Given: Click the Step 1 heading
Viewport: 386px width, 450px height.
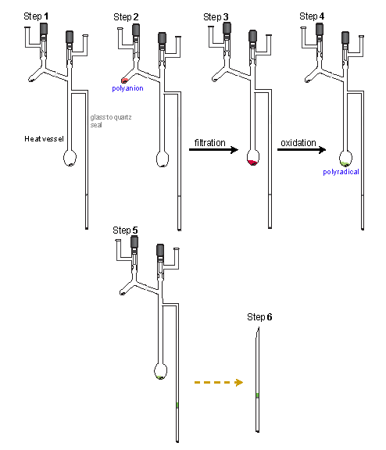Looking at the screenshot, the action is click(36, 16).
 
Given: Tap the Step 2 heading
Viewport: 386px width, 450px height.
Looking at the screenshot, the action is click(126, 17).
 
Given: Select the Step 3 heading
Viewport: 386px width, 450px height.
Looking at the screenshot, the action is click(216, 17).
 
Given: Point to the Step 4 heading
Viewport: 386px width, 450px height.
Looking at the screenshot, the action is click(312, 16).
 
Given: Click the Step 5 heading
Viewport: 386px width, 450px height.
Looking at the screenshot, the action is click(125, 230).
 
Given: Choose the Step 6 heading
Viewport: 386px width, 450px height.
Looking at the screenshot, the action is click(259, 317).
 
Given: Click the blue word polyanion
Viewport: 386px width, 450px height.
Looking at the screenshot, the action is click(127, 88).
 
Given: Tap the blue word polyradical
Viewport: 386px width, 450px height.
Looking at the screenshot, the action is click(341, 172).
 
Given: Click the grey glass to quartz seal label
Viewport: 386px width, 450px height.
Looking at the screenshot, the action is click(111, 121).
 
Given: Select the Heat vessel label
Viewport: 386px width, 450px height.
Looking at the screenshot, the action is click(44, 139).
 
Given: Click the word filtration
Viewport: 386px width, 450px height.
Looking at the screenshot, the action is click(209, 143).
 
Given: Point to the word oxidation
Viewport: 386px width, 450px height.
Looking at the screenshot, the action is click(298, 143).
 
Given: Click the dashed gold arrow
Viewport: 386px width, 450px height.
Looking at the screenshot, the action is click(219, 382).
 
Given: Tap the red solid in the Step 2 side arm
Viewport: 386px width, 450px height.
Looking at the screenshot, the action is click(124, 80).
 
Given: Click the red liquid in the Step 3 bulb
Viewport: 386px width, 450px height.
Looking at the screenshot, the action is click(252, 162).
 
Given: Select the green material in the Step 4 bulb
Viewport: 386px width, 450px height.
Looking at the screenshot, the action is click(345, 164).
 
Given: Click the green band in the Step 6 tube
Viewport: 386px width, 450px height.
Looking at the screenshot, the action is click(257, 395).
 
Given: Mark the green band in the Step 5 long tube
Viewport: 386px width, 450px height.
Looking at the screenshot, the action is click(177, 405).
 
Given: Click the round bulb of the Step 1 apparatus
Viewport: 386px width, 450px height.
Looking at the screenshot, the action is click(70, 158).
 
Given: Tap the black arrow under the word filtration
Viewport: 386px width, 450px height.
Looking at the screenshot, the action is click(213, 149).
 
